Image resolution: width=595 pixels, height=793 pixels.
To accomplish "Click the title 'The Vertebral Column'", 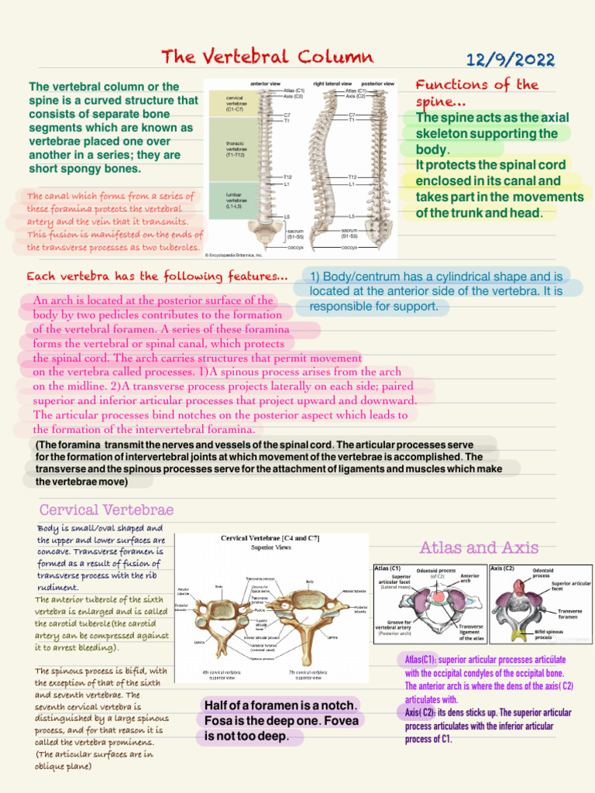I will coord(267,57).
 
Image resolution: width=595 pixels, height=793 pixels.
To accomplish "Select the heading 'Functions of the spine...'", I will coord(477,93).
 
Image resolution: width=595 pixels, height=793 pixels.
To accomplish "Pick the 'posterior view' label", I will coord(378,83).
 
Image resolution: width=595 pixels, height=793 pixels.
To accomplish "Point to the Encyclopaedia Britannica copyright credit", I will coord(234,254).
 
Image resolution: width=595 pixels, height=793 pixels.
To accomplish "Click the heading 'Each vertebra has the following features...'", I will coord(157,276).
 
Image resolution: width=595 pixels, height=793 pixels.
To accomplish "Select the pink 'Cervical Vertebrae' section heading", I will coord(106,510).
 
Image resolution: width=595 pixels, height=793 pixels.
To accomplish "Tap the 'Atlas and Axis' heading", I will coord(479,548).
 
